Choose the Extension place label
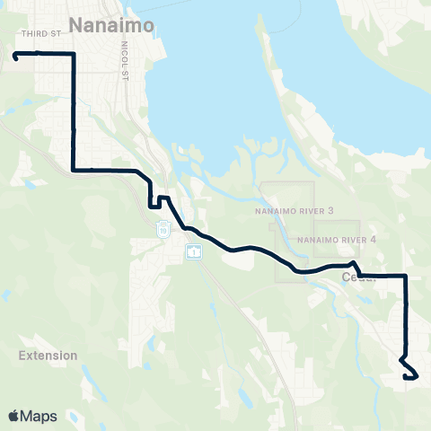pyautogui.click(x=48, y=356)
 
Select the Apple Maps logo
pyautogui.click(x=32, y=416)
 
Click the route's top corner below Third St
pyautogui.click(x=73, y=54)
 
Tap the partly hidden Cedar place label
pyautogui.click(x=357, y=277)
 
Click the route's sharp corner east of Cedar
pyautogui.click(x=407, y=276)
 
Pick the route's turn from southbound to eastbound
pyautogui.click(x=73, y=169)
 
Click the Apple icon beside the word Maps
pyautogui.click(x=13, y=416)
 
